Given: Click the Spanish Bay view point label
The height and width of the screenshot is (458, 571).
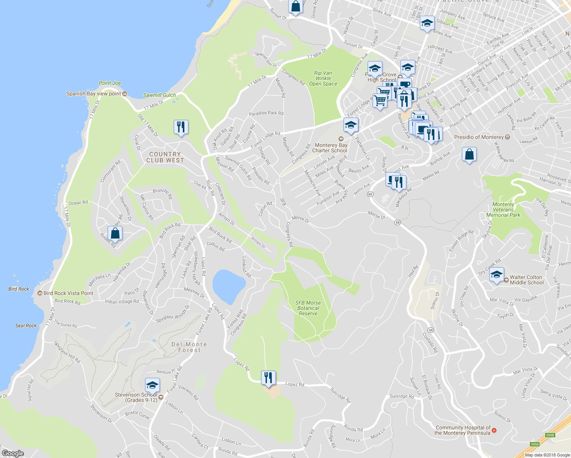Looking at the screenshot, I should (x=94, y=94).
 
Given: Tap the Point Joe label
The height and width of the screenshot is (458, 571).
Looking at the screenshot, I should (x=110, y=83).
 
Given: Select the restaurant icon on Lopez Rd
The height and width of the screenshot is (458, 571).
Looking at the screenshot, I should (x=268, y=377).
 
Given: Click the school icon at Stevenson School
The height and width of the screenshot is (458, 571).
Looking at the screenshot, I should (x=152, y=385).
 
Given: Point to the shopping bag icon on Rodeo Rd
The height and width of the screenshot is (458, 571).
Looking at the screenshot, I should (x=115, y=233).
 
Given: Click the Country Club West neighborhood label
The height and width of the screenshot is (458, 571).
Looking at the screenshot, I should (x=165, y=157).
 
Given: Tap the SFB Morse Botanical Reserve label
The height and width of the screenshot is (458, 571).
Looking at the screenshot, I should (x=308, y=308).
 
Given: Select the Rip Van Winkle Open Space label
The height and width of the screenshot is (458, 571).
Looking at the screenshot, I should (x=323, y=78).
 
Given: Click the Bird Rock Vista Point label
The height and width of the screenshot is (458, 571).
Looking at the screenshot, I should (x=68, y=293).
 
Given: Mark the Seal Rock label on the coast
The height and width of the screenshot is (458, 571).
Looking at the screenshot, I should (x=26, y=326).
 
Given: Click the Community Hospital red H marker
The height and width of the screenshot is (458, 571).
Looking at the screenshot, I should (x=494, y=431).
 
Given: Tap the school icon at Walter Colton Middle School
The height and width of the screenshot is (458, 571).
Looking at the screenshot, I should (x=497, y=275).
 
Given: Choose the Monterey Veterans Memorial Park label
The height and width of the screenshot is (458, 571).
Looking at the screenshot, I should (x=503, y=210).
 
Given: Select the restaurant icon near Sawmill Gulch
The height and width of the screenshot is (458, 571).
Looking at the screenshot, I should (x=181, y=127).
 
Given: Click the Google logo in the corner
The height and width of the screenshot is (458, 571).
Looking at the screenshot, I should (x=13, y=453).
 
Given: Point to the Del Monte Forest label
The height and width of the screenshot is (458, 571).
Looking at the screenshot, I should (x=189, y=347).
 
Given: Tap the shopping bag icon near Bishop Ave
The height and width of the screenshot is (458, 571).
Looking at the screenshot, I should (x=469, y=155).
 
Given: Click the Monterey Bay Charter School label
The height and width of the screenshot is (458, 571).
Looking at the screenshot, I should (x=331, y=148).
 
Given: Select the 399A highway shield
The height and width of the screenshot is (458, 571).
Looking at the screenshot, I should (x=535, y=444).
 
